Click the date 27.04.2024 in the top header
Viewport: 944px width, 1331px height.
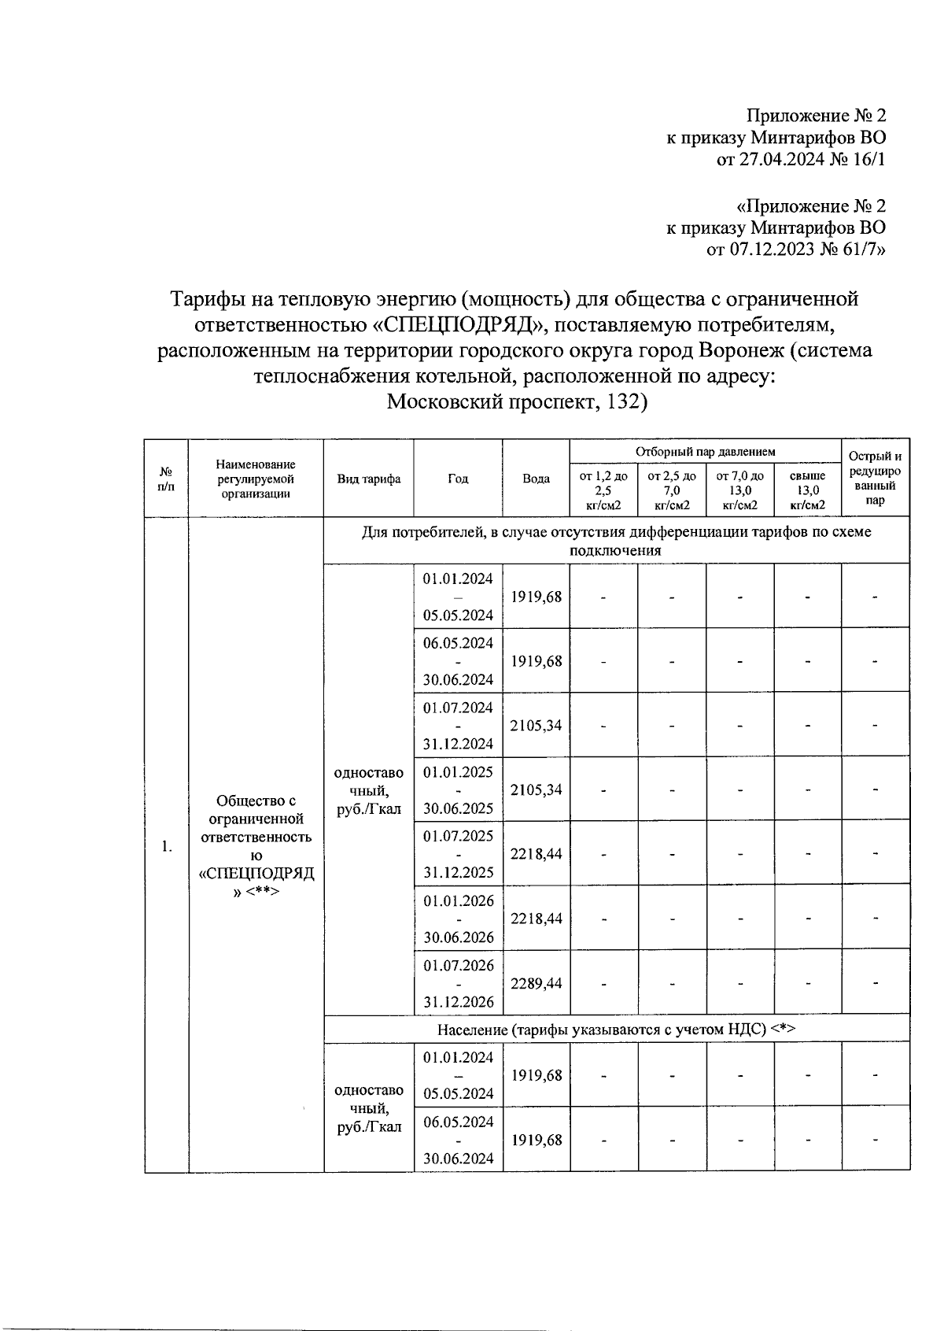pyautogui.click(x=773, y=160)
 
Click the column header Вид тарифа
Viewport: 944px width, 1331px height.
pyautogui.click(x=369, y=479)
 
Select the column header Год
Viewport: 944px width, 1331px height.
pyautogui.click(x=458, y=479)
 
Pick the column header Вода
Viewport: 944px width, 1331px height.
pyautogui.click(x=536, y=479)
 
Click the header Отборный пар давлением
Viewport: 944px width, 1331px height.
pyautogui.click(x=706, y=452)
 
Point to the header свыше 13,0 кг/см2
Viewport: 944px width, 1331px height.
pyautogui.click(x=807, y=490)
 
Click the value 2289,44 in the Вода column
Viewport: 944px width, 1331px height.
pyautogui.click(x=536, y=983)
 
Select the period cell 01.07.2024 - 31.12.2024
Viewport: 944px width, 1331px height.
pyautogui.click(x=458, y=725)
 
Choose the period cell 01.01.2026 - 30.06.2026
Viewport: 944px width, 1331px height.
pyautogui.click(x=458, y=919)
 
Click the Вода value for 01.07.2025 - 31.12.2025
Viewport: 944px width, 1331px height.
pyautogui.click(x=536, y=854)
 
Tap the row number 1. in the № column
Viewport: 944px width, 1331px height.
pyautogui.click(x=166, y=847)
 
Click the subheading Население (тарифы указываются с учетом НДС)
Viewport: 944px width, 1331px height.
pyautogui.click(x=617, y=1029)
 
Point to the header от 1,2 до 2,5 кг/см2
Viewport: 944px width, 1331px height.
pyautogui.click(x=603, y=490)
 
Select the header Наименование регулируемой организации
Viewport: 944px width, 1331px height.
pyautogui.click(x=256, y=479)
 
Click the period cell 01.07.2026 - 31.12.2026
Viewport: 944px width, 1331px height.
pyautogui.click(x=458, y=983)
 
